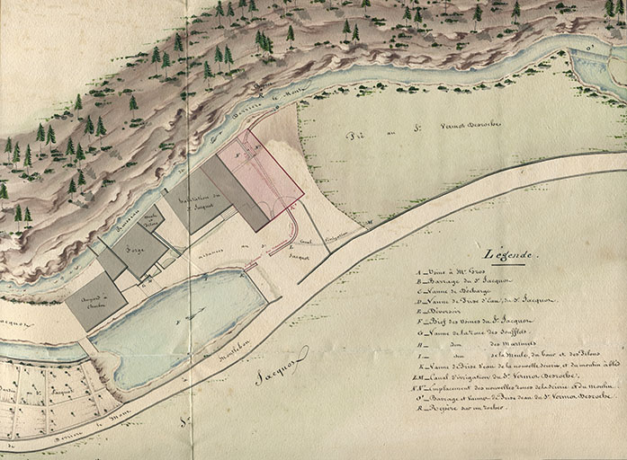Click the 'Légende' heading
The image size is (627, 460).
pos(510,255)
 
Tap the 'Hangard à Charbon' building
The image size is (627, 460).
pos(95,301)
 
